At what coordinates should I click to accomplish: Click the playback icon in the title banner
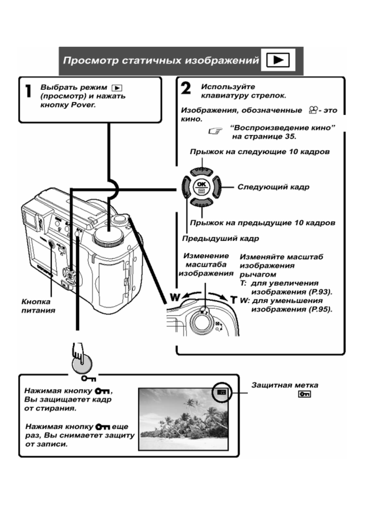[278, 60]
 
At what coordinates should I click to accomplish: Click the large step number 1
[28, 91]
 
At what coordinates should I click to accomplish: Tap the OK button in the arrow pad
[199, 187]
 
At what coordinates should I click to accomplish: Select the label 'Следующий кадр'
[273, 187]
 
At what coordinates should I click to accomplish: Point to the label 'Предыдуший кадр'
[220, 239]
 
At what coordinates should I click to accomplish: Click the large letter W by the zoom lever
[175, 297]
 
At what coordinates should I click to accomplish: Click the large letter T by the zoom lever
[233, 299]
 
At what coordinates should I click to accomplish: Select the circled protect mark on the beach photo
[222, 392]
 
